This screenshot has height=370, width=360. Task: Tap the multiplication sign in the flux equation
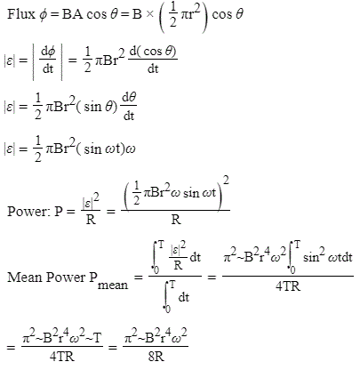click(149, 14)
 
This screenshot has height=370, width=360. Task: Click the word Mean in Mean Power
click(25, 277)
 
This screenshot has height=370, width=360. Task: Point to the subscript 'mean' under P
click(113, 286)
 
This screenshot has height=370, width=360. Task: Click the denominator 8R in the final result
click(156, 357)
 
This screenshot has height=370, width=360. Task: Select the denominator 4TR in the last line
click(62, 357)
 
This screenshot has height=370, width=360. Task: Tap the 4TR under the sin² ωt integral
click(288, 286)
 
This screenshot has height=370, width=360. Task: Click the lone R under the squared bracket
click(176, 220)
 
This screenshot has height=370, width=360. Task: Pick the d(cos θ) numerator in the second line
click(153, 52)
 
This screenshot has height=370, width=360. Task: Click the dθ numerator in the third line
click(129, 98)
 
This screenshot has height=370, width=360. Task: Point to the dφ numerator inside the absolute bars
click(48, 52)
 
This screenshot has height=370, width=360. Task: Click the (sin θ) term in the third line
click(97, 107)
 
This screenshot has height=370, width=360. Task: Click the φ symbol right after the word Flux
click(43, 15)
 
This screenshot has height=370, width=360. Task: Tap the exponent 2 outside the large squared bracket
click(226, 181)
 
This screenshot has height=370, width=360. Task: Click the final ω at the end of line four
click(131, 149)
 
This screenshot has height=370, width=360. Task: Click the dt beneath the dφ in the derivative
click(48, 69)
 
